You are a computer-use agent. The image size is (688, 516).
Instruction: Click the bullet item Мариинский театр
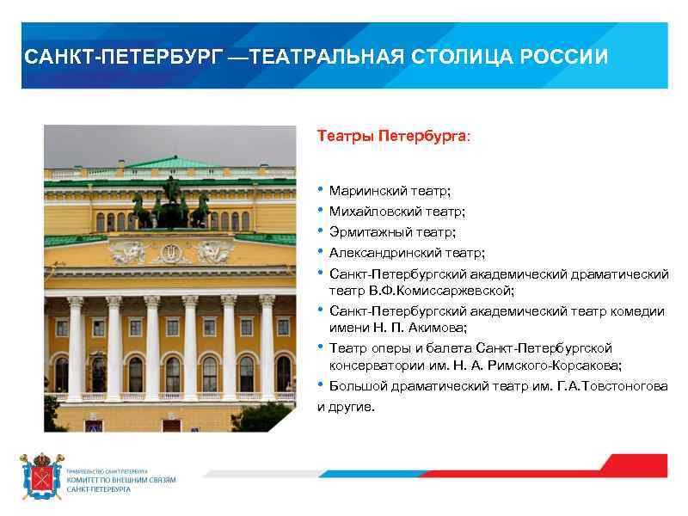click(390, 190)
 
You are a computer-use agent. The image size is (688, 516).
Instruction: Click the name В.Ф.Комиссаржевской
click(442, 291)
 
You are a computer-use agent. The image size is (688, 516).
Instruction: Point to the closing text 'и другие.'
click(347, 406)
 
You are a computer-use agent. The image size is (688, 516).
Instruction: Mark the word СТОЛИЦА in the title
click(442, 58)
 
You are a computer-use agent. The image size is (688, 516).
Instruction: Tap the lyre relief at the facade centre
click(170, 254)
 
